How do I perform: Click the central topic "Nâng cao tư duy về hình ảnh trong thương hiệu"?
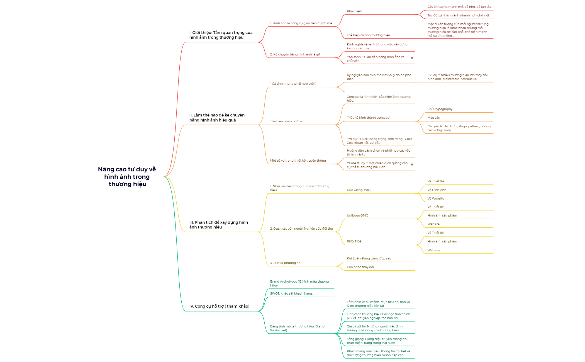127,177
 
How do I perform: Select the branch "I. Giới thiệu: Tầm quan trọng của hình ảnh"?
221,35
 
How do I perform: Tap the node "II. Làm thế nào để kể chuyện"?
217,118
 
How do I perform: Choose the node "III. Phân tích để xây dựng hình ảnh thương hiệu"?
218,225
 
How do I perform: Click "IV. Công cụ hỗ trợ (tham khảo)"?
219,306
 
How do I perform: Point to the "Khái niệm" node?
354,11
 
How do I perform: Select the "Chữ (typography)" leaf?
440,109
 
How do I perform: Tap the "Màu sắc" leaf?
433,118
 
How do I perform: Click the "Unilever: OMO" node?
357,215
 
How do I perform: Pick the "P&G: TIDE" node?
354,241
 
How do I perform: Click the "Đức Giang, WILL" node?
359,190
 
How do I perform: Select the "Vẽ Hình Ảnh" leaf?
437,190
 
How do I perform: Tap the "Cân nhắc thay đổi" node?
360,267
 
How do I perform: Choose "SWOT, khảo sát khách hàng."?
291,293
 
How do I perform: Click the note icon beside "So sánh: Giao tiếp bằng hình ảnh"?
412,58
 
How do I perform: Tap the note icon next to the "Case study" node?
412,164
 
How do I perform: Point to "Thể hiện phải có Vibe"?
286,121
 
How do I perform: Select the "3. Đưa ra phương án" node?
285,263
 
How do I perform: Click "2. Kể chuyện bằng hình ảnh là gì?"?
295,54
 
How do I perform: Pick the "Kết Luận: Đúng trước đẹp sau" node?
369,258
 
